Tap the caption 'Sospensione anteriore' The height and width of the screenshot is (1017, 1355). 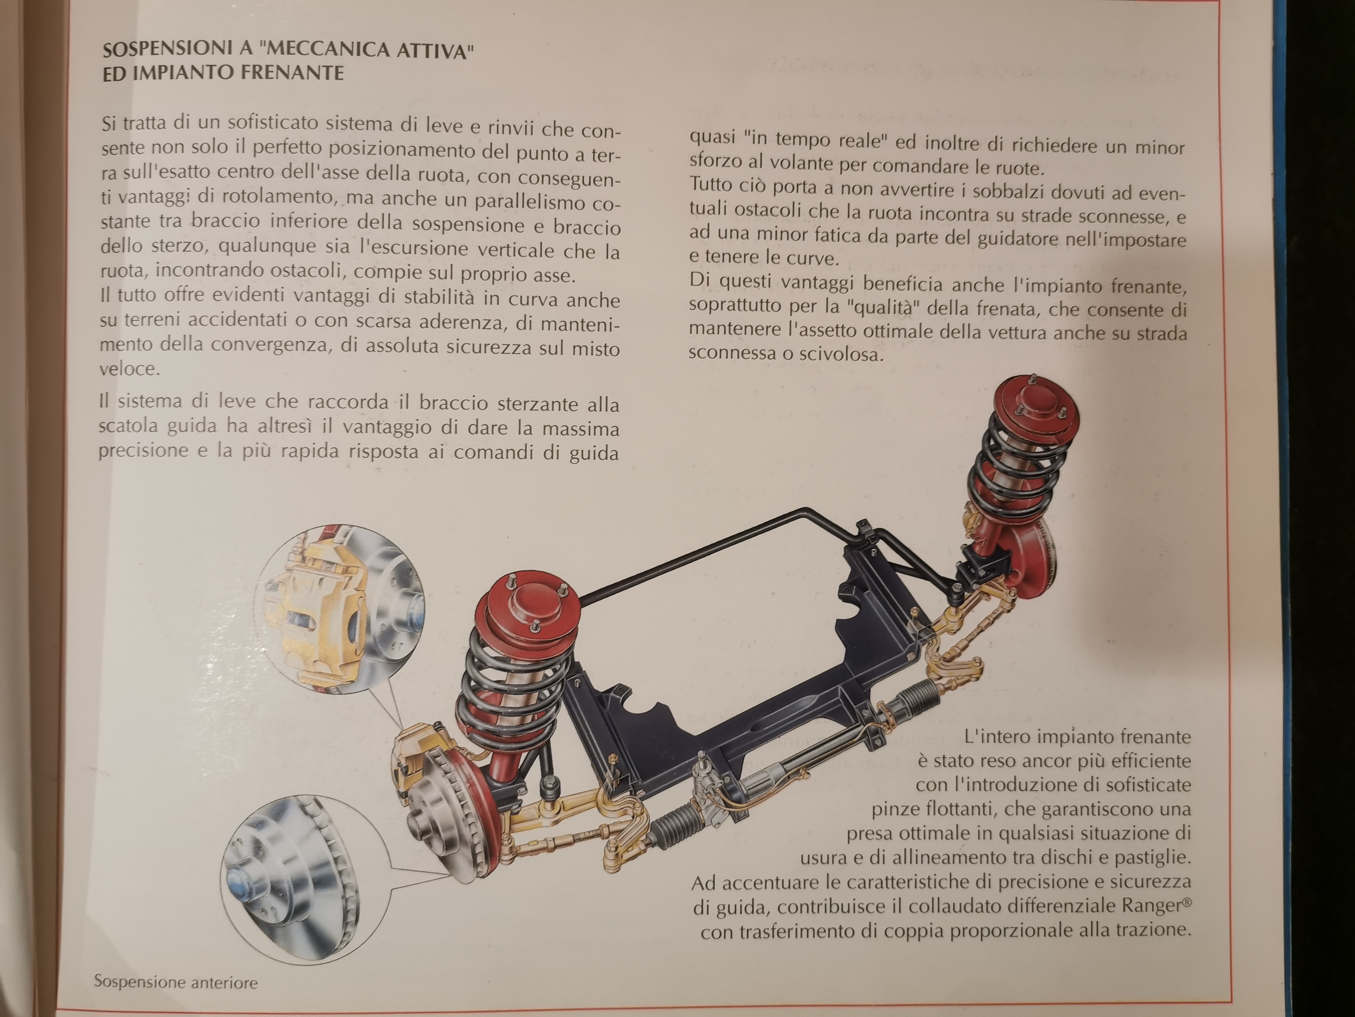pyautogui.click(x=176, y=981)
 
